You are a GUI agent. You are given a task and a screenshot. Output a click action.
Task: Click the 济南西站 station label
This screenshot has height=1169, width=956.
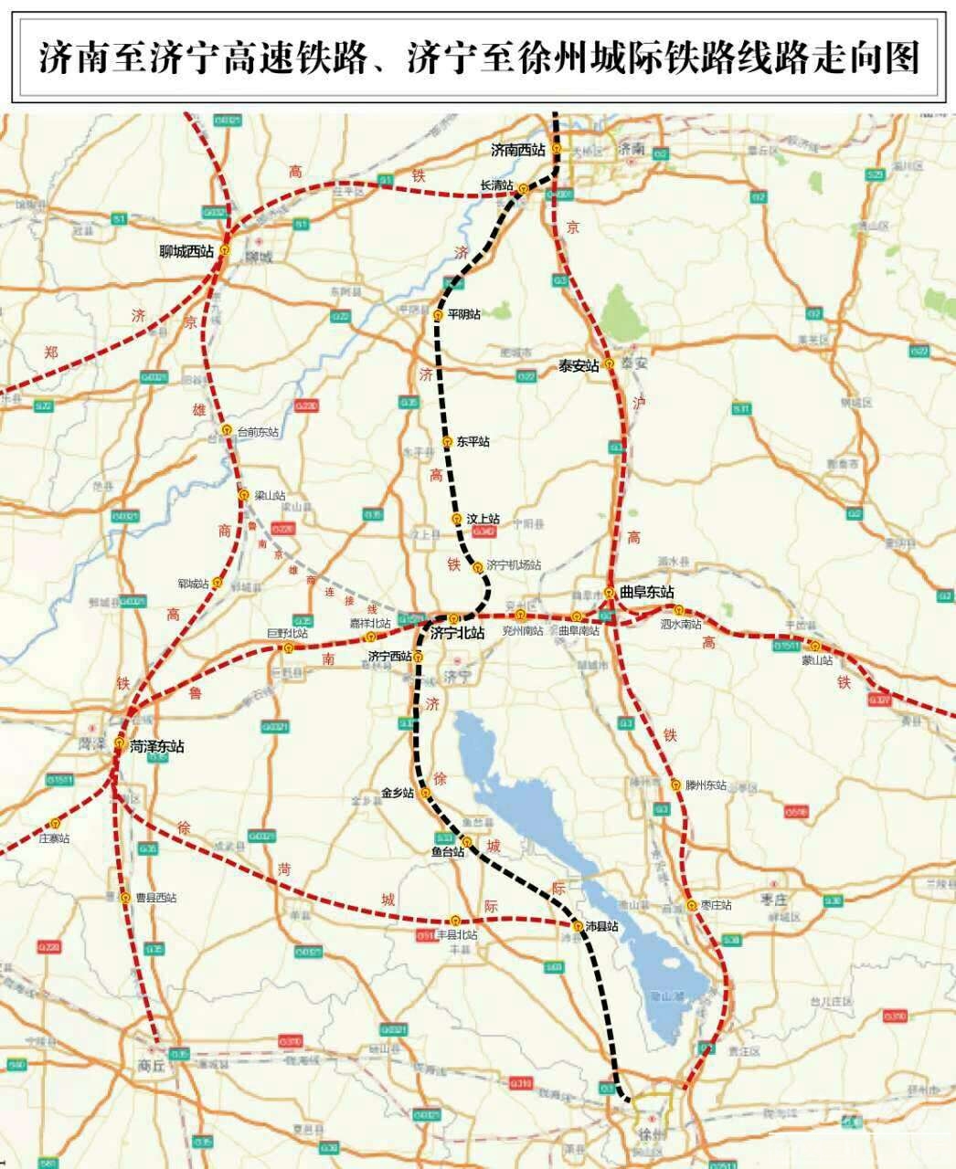coord(517,149)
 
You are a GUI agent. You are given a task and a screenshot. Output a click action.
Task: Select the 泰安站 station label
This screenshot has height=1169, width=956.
coord(579,365)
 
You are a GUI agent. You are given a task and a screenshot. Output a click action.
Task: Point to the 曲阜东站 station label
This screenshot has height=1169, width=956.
coord(646,592)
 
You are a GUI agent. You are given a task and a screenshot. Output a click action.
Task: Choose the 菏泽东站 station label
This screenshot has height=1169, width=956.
coord(156,746)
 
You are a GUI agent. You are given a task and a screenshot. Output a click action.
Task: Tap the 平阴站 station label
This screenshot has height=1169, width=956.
coord(463,314)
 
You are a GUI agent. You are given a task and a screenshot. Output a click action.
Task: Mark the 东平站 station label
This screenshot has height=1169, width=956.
coord(473,442)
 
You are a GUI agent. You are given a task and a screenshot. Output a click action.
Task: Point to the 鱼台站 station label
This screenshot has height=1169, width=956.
coord(448,852)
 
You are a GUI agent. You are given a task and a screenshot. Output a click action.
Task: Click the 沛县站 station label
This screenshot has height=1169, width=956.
coord(601,926)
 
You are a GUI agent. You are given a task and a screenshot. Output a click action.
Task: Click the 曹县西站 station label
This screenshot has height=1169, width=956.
coord(154,898)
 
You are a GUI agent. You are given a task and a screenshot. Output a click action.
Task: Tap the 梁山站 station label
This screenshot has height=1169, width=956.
coord(270,495)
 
